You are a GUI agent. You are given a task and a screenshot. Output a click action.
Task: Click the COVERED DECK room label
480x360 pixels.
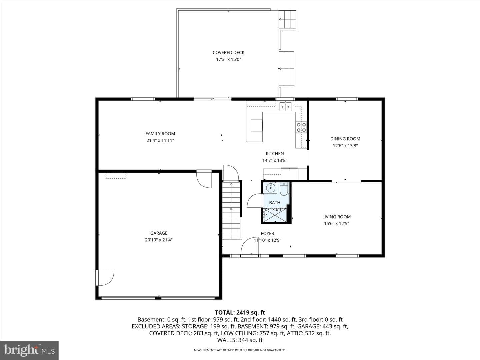pyautogui.click(x=229, y=52)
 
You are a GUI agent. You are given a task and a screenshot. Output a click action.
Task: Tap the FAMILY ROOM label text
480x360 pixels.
pyautogui.click(x=160, y=134)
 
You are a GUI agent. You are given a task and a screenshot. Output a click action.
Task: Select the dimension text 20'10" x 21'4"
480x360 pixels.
pyautogui.click(x=159, y=240)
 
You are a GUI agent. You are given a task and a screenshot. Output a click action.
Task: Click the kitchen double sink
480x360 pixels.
pyautogui.click(x=285, y=107)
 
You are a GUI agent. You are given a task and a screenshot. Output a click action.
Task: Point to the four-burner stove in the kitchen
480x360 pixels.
pyautogui.click(x=301, y=127)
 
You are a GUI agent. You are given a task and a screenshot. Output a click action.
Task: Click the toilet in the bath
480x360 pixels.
pyautogui.click(x=284, y=189)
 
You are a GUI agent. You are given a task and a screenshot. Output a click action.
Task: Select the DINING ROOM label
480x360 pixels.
pyautogui.click(x=345, y=139)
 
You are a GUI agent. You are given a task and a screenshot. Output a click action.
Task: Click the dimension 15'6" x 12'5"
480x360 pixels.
pyautogui.click(x=336, y=223)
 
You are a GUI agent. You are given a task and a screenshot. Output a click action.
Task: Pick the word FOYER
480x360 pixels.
pyautogui.click(x=267, y=233)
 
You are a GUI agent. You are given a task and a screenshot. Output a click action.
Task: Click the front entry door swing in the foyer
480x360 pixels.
pyautogui.click(x=250, y=246)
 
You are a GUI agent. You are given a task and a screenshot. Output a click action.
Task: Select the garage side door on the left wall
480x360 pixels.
pyautogui.click(x=105, y=278)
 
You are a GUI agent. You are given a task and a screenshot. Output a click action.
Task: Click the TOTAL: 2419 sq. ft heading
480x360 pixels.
pyautogui.click(x=240, y=313)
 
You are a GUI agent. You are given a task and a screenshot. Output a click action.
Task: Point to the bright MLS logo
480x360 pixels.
pyautogui.click(x=29, y=350)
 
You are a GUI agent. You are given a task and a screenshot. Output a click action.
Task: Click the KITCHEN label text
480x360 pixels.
pyautogui.click(x=275, y=154)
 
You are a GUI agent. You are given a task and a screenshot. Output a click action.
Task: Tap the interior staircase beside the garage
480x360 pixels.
pyautogui.click(x=231, y=210)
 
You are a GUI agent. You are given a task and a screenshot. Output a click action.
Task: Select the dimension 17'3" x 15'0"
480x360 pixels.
pyautogui.click(x=229, y=59)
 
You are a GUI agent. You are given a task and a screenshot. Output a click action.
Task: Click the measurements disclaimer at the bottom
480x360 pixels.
pyautogui.click(x=240, y=350)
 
